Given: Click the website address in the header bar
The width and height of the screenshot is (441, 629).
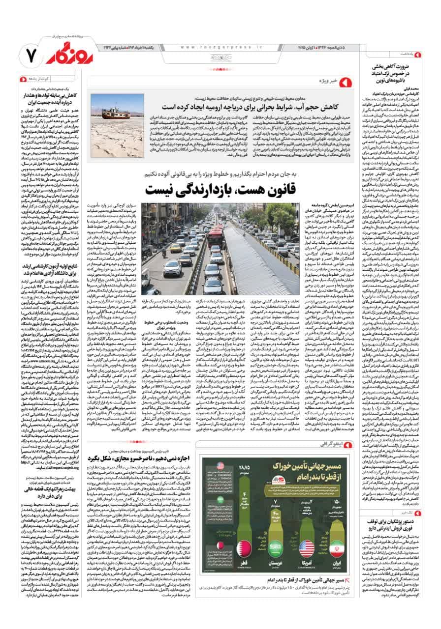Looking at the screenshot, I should coord(223,47).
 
